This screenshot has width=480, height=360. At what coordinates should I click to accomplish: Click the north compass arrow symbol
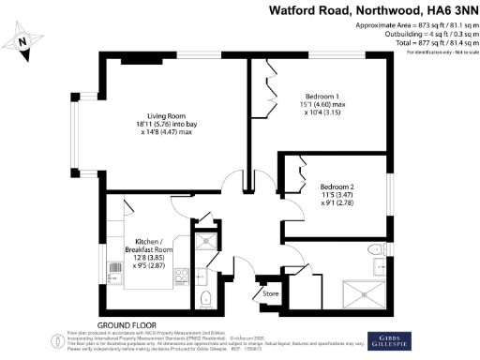[x=26, y=40]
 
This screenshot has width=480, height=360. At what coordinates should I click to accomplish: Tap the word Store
[x=270, y=292]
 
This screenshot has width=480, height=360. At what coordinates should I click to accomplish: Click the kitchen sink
[x=114, y=277]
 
